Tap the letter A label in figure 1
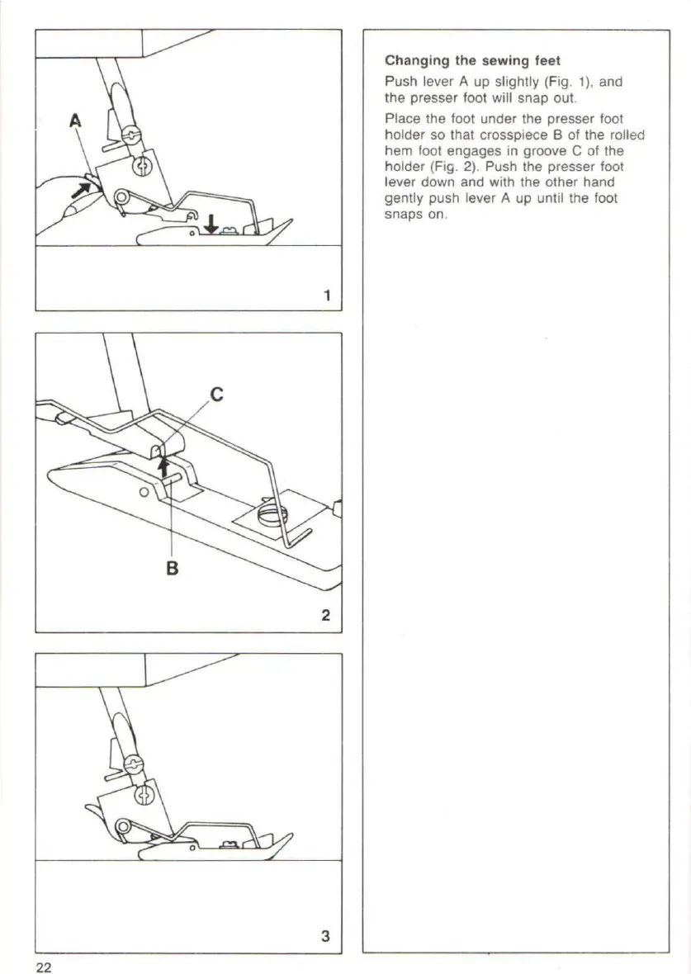(75, 121)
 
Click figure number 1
(327, 295)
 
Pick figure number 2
(326, 615)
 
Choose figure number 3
(325, 936)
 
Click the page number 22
(44, 967)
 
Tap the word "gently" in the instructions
(402, 199)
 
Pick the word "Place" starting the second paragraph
(400, 119)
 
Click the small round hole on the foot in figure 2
(144, 492)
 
